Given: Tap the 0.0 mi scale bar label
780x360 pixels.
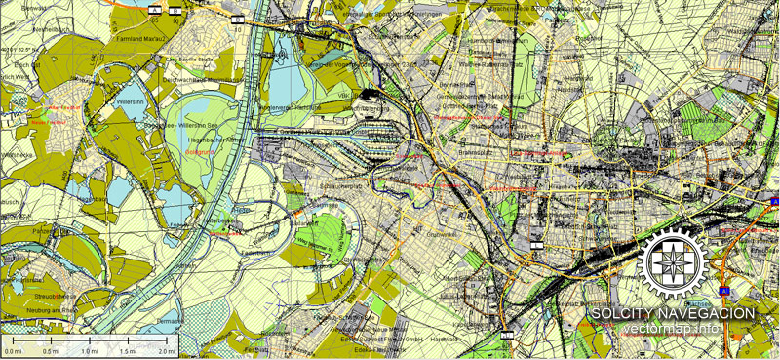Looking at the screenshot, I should [13, 351].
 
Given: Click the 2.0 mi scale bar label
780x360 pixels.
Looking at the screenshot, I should [166, 351].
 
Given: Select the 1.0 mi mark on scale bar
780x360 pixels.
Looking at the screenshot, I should [89, 351].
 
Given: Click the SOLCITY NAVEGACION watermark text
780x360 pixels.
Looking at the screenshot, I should [673, 313].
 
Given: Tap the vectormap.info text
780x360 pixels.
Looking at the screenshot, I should [673, 329].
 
